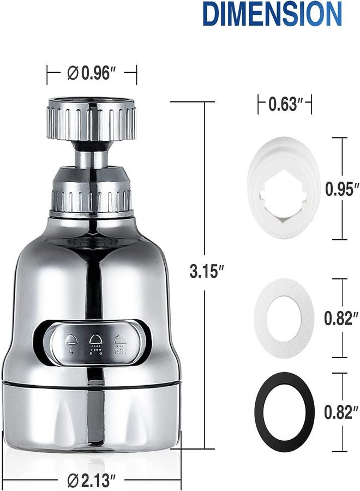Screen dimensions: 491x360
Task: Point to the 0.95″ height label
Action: [341, 189]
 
